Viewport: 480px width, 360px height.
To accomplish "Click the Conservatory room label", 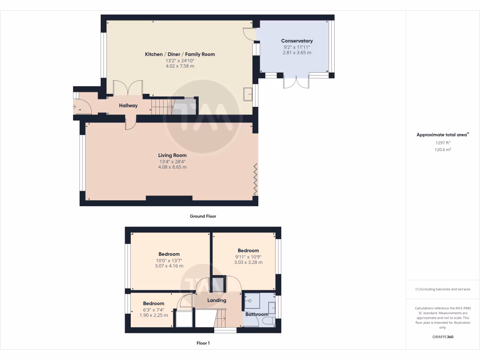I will (x=297, y=41).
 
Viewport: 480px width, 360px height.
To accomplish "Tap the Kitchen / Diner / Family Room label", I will (x=180, y=54).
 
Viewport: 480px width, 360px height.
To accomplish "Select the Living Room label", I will (x=172, y=155).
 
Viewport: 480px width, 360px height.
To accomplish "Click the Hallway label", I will (x=128, y=105).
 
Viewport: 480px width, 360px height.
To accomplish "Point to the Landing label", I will (x=217, y=300).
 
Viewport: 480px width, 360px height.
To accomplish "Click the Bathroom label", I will (x=257, y=314).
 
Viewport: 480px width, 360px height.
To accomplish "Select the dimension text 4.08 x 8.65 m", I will (x=172, y=167).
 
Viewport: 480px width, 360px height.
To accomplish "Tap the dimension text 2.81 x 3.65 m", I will (x=297, y=52).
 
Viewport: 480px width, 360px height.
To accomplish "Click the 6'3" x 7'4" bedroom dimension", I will (x=154, y=309).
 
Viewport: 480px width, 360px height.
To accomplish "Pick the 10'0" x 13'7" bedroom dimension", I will (x=169, y=260).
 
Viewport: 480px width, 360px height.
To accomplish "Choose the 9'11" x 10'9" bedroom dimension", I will (x=248, y=256).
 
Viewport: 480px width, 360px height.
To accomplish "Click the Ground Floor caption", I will (x=202, y=217).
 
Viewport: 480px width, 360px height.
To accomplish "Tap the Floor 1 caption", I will (x=203, y=343).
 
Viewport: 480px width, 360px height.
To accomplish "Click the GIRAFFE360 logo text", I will (x=442, y=337).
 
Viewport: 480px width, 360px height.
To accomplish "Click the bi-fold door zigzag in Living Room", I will (x=255, y=180).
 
